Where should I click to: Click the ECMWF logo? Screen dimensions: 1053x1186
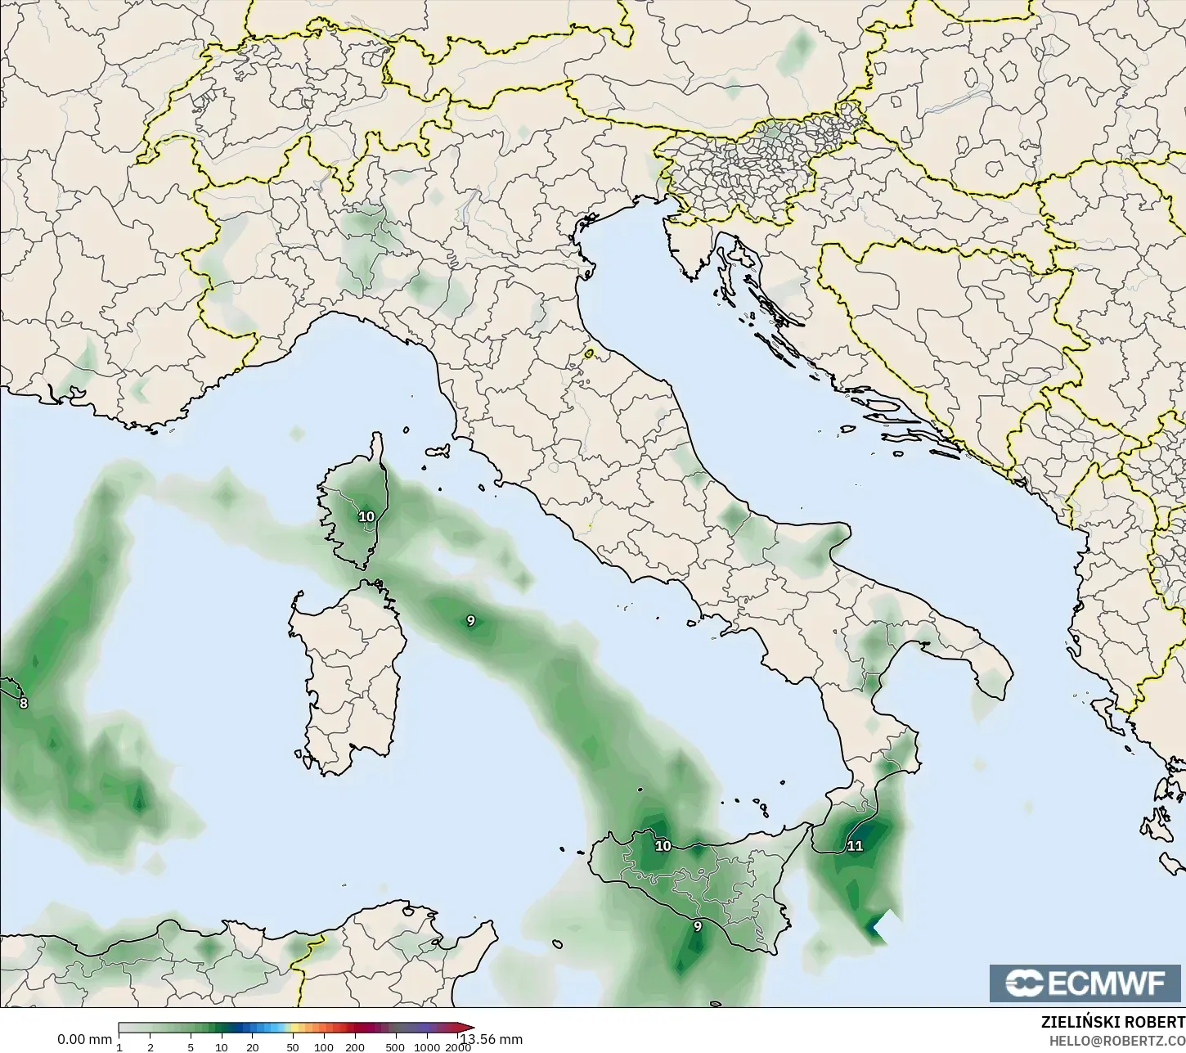tap(1086, 983)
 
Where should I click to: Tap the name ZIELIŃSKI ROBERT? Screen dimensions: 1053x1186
tap(1112, 1023)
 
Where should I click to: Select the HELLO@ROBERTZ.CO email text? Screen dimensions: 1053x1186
tap(1116, 1041)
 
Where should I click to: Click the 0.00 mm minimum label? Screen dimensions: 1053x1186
tap(84, 1039)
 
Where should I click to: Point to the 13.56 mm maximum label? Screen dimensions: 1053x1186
tap(491, 1039)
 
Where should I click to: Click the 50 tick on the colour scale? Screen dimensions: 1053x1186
tap(292, 1047)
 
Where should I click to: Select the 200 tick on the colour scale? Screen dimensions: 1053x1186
tap(355, 1047)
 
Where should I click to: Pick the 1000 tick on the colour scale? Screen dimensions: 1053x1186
tap(427, 1047)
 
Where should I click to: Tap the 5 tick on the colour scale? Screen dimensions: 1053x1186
tap(191, 1047)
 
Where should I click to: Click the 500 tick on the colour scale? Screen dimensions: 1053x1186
tap(395, 1047)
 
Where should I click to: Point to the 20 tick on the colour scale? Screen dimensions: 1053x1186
tap(253, 1047)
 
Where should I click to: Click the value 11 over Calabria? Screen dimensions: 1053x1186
tap(855, 846)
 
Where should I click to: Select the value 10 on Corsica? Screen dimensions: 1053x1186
tap(366, 516)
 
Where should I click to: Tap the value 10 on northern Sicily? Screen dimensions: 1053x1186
tap(663, 846)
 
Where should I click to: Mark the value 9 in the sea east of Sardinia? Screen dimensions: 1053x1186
tap(470, 621)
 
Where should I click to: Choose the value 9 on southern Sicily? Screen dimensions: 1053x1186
tap(697, 926)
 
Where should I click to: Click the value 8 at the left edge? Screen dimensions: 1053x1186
tap(23, 703)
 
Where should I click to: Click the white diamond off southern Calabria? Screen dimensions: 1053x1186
tap(883, 926)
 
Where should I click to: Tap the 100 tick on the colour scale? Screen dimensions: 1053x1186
tap(324, 1047)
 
